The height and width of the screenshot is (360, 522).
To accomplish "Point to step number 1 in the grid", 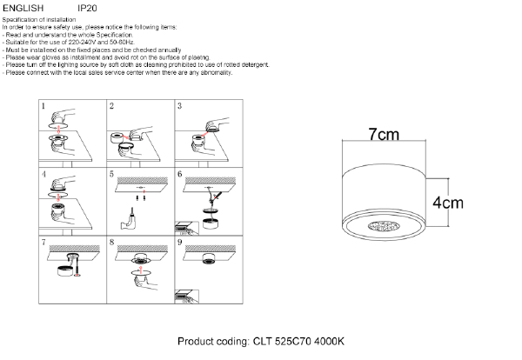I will pos(43,106).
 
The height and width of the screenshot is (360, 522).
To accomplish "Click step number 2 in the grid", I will pos(111,106).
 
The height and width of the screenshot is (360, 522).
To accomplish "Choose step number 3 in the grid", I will pos(179,106).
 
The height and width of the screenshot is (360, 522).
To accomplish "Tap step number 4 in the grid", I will pos(43,174).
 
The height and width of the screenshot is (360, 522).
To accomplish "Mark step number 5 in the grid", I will pos(111,174).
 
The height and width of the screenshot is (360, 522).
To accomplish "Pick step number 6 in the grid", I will pos(179,174).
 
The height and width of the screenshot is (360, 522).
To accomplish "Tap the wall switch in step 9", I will pos(187,296).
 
